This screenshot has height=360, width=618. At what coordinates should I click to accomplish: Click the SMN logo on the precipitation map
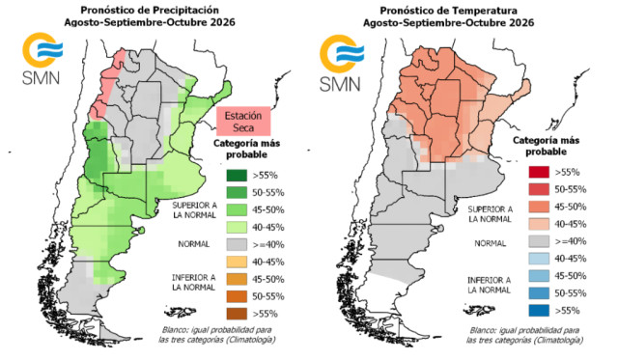[42, 58]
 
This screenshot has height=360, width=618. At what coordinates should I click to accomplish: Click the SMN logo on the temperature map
[341, 63]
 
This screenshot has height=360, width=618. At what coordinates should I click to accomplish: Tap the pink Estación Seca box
[243, 122]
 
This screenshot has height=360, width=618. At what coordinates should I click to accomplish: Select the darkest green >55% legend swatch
[237, 176]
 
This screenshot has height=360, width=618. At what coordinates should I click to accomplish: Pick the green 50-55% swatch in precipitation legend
[237, 193]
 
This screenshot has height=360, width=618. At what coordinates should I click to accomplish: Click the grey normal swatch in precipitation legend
[237, 244]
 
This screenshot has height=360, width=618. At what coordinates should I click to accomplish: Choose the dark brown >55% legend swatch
[237, 314]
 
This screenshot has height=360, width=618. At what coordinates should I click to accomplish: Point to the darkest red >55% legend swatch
[539, 172]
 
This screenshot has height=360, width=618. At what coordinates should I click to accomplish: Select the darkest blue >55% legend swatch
[539, 311]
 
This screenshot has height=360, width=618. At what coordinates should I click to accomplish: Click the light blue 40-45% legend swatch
[539, 259]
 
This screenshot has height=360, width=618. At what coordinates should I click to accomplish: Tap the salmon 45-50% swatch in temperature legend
[539, 207]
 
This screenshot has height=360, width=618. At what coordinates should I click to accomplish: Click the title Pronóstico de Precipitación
[150, 10]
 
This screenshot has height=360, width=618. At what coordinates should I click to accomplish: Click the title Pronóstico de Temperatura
[448, 11]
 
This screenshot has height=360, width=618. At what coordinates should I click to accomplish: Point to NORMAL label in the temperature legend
[490, 244]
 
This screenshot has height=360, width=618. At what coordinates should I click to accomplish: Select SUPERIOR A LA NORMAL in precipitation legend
[194, 210]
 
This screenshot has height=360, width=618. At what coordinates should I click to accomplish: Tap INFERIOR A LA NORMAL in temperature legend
[490, 285]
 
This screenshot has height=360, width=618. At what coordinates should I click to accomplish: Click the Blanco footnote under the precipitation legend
[216, 335]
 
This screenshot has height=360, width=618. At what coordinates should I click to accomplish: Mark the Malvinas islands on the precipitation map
[181, 313]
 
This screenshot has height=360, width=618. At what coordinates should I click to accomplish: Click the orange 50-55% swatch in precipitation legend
[237, 296]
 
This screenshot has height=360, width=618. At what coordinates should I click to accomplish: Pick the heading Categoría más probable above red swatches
[546, 146]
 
